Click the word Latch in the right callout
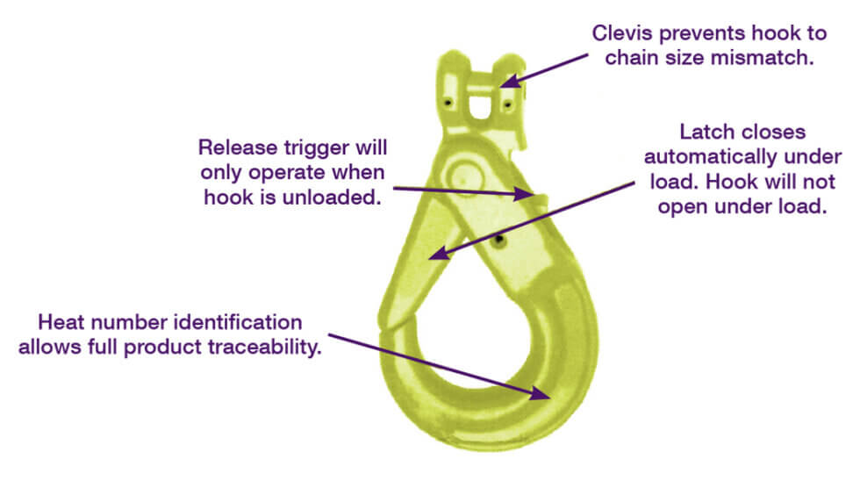(702, 132)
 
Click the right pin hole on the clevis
(508, 105)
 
